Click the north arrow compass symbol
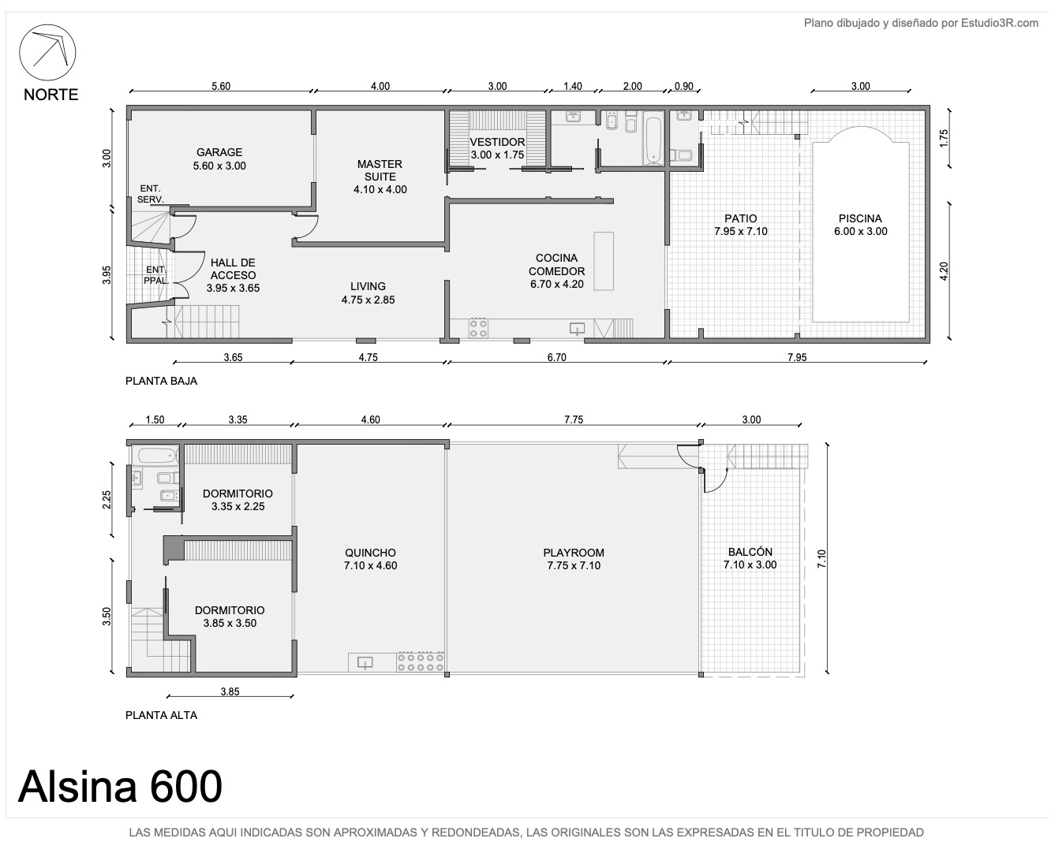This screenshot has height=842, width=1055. coord(47,52)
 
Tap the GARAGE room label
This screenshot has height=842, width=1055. coord(219,158)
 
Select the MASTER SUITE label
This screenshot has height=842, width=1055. coord(380,177)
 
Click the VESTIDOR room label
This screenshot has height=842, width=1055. coord(497,148)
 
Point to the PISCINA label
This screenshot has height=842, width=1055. coord(860,225)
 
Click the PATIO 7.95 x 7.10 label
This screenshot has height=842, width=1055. coord(741,225)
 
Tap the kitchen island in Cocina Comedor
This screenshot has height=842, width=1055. coord(604,261)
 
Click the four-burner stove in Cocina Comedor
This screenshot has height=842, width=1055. coord(478,328)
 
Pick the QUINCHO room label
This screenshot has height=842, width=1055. coord(370,559)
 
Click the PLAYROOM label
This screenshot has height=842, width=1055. coord(574,559)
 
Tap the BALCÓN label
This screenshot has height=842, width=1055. coord(750,558)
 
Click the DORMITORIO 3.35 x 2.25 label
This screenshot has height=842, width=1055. coord(238,500)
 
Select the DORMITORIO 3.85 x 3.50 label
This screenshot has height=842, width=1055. coord(230,617)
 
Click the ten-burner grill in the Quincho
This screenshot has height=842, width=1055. coord(421,661)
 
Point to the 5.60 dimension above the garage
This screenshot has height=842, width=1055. coord(221,86)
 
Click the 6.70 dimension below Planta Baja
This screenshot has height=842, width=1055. coord(556,358)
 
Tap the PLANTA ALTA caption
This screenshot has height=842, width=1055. coord(161,715)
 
